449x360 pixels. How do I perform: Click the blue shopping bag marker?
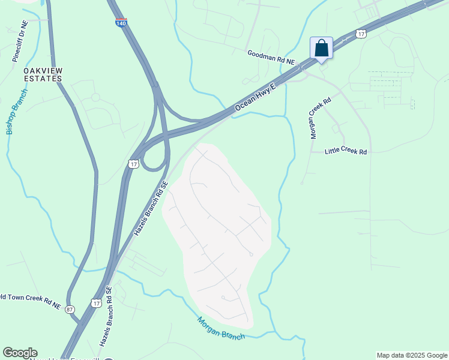pos(321,49)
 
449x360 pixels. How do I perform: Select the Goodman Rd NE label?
pos(272,58)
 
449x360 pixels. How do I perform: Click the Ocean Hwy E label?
pos(255,97)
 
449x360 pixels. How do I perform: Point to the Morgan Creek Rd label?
pos(321,119)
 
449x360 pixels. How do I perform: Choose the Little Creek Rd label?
pos(346,152)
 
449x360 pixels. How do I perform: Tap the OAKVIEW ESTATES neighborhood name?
pos(43,74)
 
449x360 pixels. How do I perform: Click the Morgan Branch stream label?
pos(221,329)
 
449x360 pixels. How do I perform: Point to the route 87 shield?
pos(71,309)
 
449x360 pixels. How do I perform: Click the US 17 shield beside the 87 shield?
pos(95,304)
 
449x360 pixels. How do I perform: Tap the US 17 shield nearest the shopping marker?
pos(360,34)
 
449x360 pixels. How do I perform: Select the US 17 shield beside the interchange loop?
pos(133,164)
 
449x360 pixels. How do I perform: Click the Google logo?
pos(20,353)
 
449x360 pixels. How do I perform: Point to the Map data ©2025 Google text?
pos(412,355)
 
